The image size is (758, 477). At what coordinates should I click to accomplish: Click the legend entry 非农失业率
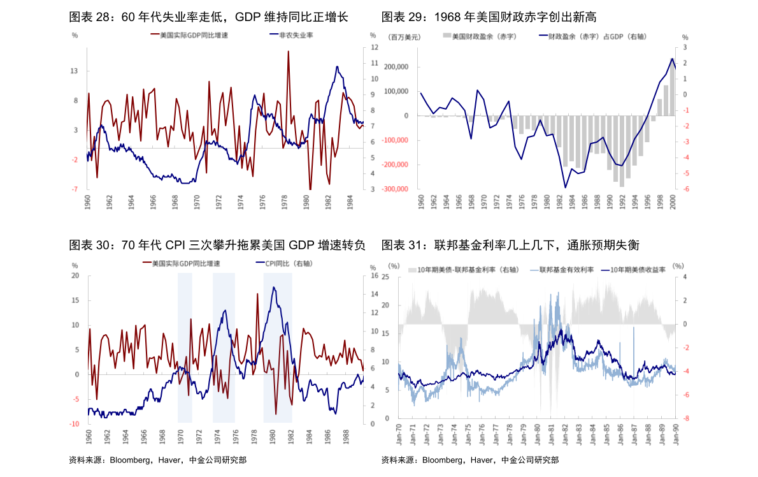296,36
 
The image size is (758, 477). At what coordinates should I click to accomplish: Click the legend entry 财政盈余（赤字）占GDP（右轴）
597,37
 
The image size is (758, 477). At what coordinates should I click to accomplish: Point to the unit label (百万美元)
404,37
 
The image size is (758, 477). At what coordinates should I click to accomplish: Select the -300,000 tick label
394,189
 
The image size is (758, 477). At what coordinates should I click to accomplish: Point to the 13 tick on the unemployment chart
75,71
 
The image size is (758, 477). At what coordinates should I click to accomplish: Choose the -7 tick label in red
75,189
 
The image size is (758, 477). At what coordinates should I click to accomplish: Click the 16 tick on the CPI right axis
373,276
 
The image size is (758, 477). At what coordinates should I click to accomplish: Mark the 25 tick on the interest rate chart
385,277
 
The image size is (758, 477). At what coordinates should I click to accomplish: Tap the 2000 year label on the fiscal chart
673,203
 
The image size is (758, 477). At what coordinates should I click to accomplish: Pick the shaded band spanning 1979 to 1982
278,348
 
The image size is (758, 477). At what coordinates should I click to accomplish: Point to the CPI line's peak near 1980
273,288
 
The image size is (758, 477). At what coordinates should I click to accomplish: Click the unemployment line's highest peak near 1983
338,66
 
